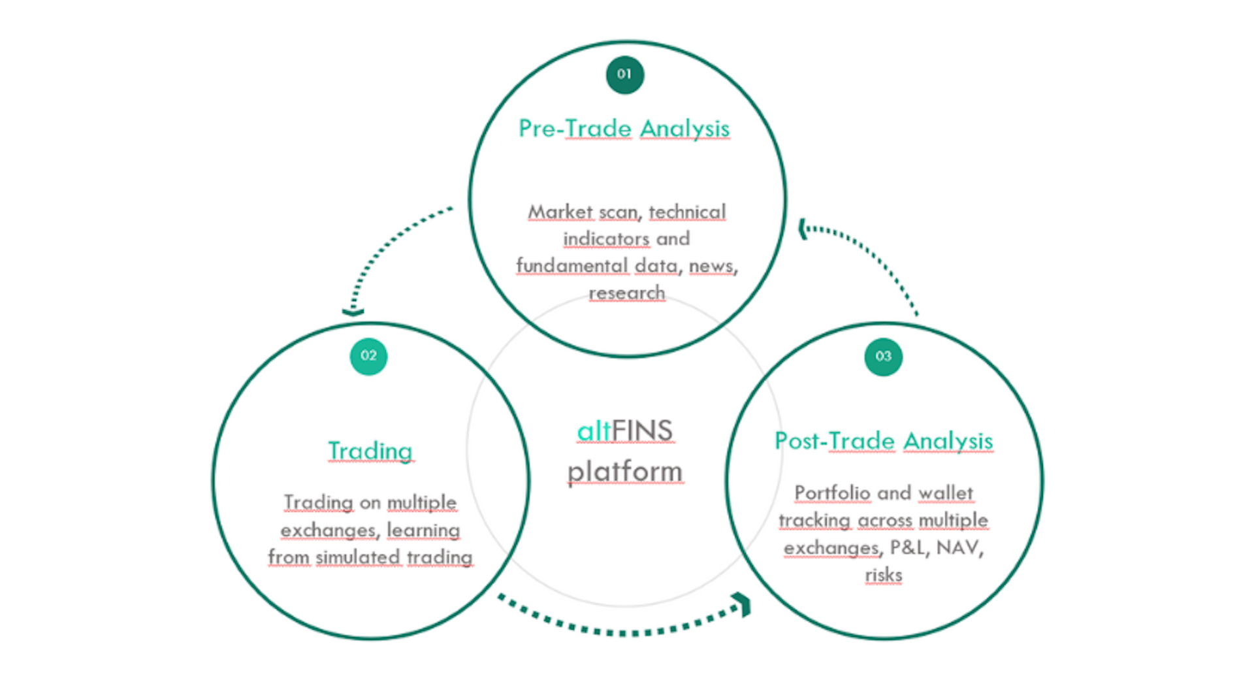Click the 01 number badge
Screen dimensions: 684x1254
tap(624, 74)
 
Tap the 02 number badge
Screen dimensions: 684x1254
tap(368, 356)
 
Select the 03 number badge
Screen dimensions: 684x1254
tap(883, 357)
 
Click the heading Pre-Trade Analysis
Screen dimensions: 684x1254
tap(624, 129)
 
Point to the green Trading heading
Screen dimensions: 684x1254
tap(370, 451)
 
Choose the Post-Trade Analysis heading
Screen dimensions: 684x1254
tap(884, 441)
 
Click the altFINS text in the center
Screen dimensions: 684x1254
tap(624, 431)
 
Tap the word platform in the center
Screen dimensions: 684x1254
tap(624, 472)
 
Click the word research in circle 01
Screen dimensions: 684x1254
tap(626, 293)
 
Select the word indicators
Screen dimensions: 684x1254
tap(606, 239)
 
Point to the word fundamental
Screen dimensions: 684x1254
tap(571, 266)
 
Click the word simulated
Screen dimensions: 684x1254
tap(357, 557)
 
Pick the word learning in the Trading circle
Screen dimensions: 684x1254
tap(423, 530)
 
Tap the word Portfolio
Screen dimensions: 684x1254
tap(832, 493)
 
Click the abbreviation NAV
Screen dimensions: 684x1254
tap(957, 547)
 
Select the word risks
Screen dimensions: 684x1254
tap(883, 575)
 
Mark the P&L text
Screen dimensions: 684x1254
tap(908, 547)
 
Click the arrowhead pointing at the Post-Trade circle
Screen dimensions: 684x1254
tap(743, 604)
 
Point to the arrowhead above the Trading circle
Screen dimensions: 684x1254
tap(353, 312)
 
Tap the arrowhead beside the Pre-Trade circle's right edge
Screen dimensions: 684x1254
tap(803, 229)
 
